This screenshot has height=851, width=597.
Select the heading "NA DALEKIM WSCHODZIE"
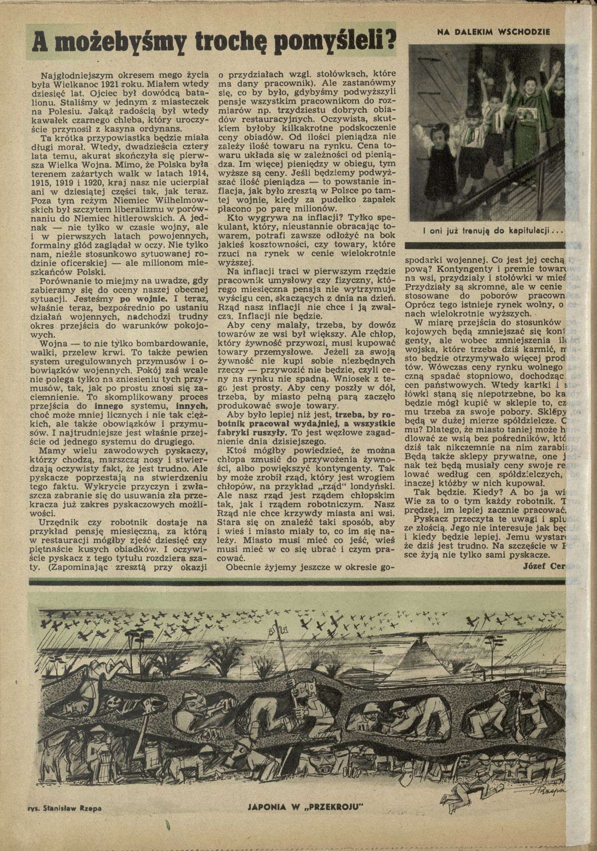493,31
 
